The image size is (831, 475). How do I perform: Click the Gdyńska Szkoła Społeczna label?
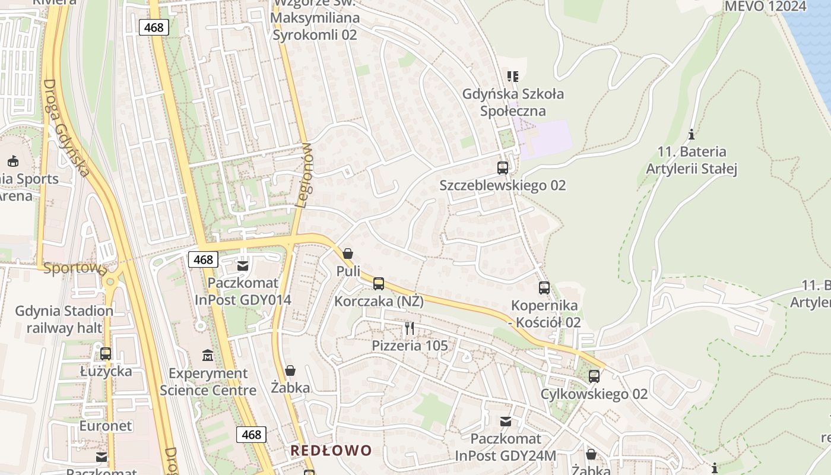click(x=513, y=102)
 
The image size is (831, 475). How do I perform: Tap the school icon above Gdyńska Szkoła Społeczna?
click(x=513, y=76)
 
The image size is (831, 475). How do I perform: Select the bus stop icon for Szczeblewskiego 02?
click(x=503, y=168)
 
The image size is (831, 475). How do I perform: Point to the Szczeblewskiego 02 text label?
click(x=502, y=185)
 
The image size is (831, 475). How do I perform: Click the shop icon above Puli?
click(x=348, y=254)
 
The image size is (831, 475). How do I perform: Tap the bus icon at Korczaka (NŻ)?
click(x=379, y=284)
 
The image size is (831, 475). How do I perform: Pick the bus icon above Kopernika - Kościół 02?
click(x=544, y=288)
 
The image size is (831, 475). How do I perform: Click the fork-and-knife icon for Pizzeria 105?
click(x=410, y=328)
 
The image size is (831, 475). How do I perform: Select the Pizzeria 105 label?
click(x=410, y=345)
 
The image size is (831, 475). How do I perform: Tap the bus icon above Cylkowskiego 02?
click(x=594, y=376)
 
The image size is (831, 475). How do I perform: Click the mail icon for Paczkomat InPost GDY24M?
click(x=506, y=422)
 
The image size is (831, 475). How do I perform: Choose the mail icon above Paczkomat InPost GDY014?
click(x=243, y=265)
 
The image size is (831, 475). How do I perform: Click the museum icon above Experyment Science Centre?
click(x=208, y=356)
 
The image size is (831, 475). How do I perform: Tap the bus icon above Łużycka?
click(x=106, y=354)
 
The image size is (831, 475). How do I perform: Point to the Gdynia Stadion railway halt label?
click(x=64, y=319)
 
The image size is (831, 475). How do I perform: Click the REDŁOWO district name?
click(x=331, y=450)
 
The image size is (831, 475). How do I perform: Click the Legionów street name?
click(x=303, y=175)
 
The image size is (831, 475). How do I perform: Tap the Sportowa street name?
click(x=74, y=268)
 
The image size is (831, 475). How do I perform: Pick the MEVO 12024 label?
click(x=766, y=7)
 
